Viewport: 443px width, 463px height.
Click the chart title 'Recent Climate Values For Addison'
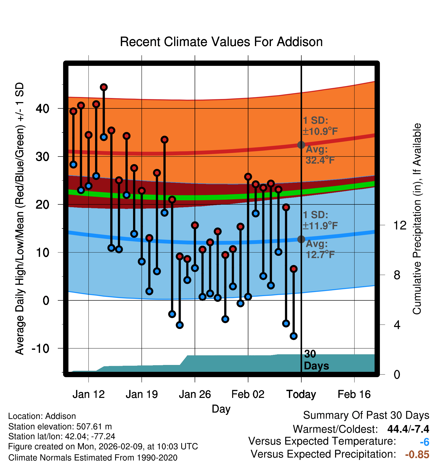[x=221, y=42]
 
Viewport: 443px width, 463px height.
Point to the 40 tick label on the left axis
[x=42, y=109]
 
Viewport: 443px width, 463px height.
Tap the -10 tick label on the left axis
[x=40, y=349]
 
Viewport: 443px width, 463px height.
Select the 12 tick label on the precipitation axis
[x=400, y=225]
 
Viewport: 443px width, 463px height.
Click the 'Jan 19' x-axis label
[x=142, y=394]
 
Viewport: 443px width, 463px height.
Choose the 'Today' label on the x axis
[x=301, y=394]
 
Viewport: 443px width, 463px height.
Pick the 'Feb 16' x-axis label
[x=354, y=394]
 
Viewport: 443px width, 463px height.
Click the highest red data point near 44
[x=104, y=87]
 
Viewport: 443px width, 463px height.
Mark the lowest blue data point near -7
[x=293, y=336]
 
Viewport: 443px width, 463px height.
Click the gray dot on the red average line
[x=301, y=145]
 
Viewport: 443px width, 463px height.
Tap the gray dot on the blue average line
[x=301, y=239]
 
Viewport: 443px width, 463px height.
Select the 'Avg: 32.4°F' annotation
[x=320, y=155]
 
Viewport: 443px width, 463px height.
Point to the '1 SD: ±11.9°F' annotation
[x=320, y=220]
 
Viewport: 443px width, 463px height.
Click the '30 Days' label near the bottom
[x=316, y=360]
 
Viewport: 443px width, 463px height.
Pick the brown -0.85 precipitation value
[x=417, y=455]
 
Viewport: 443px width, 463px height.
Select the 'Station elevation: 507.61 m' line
[x=60, y=427]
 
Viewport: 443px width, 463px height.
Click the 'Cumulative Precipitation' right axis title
[x=417, y=219]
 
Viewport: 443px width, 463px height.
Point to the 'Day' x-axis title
[x=221, y=409]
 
